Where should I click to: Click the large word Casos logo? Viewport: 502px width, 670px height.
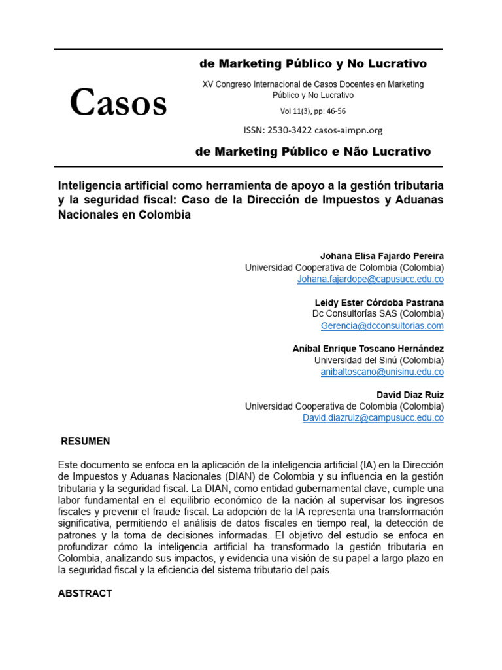point(118,103)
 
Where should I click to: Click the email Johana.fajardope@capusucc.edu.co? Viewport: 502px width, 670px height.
point(370,279)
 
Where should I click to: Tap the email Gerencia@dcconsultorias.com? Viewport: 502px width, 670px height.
point(382,326)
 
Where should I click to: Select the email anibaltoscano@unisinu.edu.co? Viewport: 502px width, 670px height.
point(382,372)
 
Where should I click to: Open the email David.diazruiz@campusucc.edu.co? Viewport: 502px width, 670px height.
point(373,418)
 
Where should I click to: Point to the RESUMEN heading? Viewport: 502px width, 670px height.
point(86,441)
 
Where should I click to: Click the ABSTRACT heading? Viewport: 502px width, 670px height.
point(85,593)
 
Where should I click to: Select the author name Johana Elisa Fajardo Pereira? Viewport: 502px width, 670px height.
point(381,256)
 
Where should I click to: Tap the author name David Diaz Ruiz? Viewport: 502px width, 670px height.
point(410,395)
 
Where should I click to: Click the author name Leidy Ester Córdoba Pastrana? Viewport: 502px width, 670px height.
point(379,302)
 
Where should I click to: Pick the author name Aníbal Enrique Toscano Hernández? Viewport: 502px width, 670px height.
point(368,349)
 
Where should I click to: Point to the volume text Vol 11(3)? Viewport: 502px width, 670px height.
point(297,111)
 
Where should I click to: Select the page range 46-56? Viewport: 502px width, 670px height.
point(337,111)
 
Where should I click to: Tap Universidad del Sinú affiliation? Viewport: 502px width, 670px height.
point(378,361)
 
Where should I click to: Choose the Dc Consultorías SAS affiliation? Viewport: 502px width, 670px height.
point(378,314)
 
